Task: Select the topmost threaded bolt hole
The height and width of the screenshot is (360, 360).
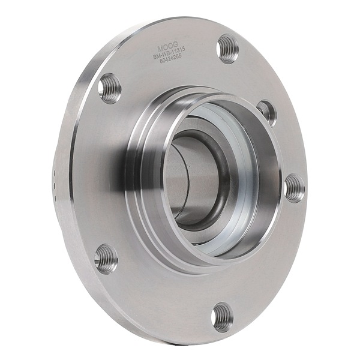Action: (x=227, y=49)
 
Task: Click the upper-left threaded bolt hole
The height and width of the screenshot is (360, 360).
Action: (x=109, y=88)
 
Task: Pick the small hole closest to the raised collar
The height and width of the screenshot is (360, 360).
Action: (x=266, y=112)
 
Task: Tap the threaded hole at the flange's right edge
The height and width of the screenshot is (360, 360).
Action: (x=294, y=188)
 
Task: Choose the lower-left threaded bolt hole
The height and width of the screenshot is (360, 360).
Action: (x=106, y=259)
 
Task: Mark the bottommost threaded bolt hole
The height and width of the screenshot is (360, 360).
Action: (x=222, y=316)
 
